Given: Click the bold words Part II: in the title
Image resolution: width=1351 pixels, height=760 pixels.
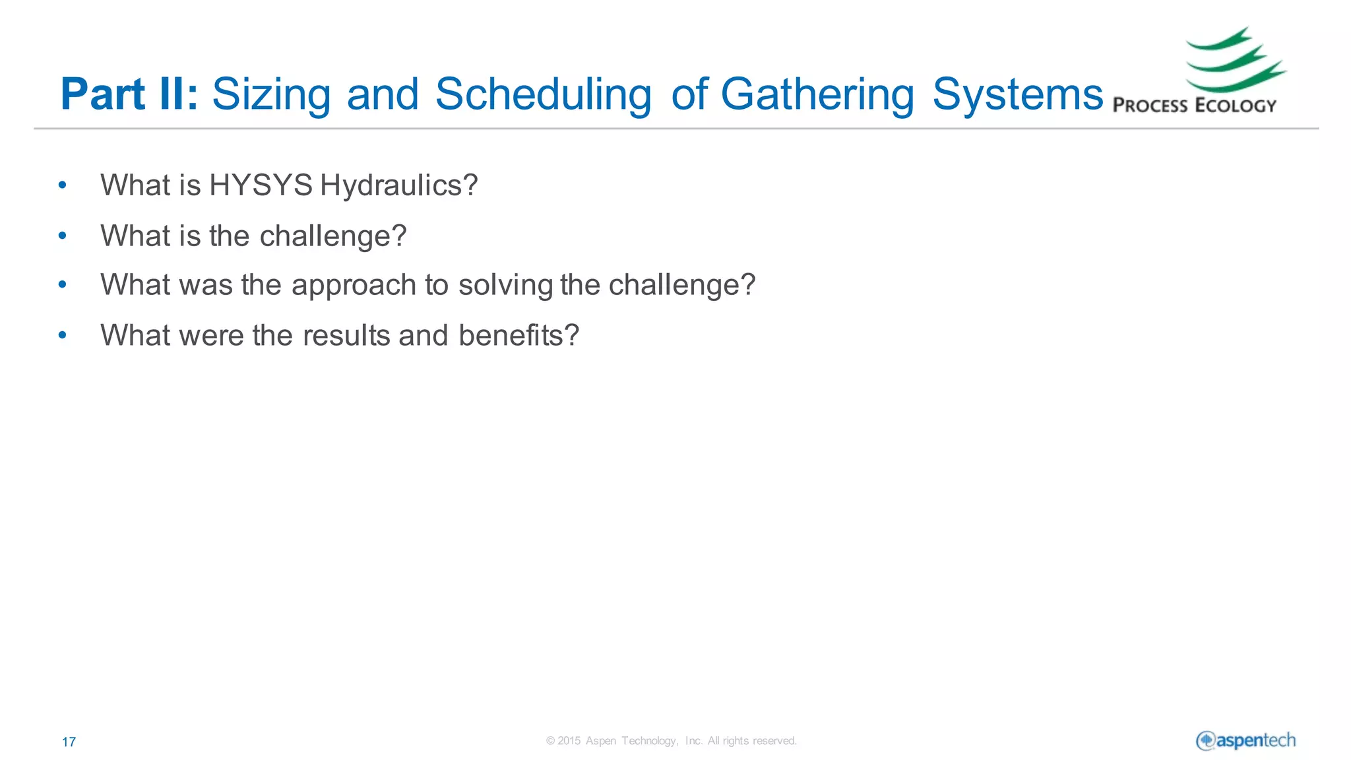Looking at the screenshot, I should point(129,94).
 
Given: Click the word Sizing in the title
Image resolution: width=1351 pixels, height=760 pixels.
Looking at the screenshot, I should point(271,94).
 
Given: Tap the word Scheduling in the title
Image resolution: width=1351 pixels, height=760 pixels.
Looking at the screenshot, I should point(543,94).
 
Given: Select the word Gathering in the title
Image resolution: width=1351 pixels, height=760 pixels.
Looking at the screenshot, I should point(817,94).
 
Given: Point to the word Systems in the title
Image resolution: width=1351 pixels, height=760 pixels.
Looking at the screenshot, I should point(1017,94).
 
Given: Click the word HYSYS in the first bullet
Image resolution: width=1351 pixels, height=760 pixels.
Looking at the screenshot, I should point(261,185).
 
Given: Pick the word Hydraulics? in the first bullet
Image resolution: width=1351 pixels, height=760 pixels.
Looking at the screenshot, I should point(398,185).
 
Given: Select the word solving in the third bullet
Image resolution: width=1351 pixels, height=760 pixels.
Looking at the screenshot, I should point(505,285).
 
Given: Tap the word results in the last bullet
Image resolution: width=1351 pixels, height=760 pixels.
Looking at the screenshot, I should point(346,335).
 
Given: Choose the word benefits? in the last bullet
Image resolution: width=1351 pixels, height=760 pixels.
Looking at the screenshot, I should point(518,335).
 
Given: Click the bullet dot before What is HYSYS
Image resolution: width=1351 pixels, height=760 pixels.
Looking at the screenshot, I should point(63,185).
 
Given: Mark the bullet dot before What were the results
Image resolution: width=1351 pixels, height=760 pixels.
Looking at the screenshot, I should point(63,335).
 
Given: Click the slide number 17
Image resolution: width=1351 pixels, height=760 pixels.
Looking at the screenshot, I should point(69,742).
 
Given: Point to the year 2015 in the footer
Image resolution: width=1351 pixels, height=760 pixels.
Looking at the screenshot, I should point(569,741).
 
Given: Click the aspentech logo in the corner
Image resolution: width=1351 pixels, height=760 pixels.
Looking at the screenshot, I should point(1245,740).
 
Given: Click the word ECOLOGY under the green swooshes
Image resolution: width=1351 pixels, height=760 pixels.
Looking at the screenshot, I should point(1236,106).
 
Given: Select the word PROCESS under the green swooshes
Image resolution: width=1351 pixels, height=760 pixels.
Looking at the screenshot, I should point(1150,106).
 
